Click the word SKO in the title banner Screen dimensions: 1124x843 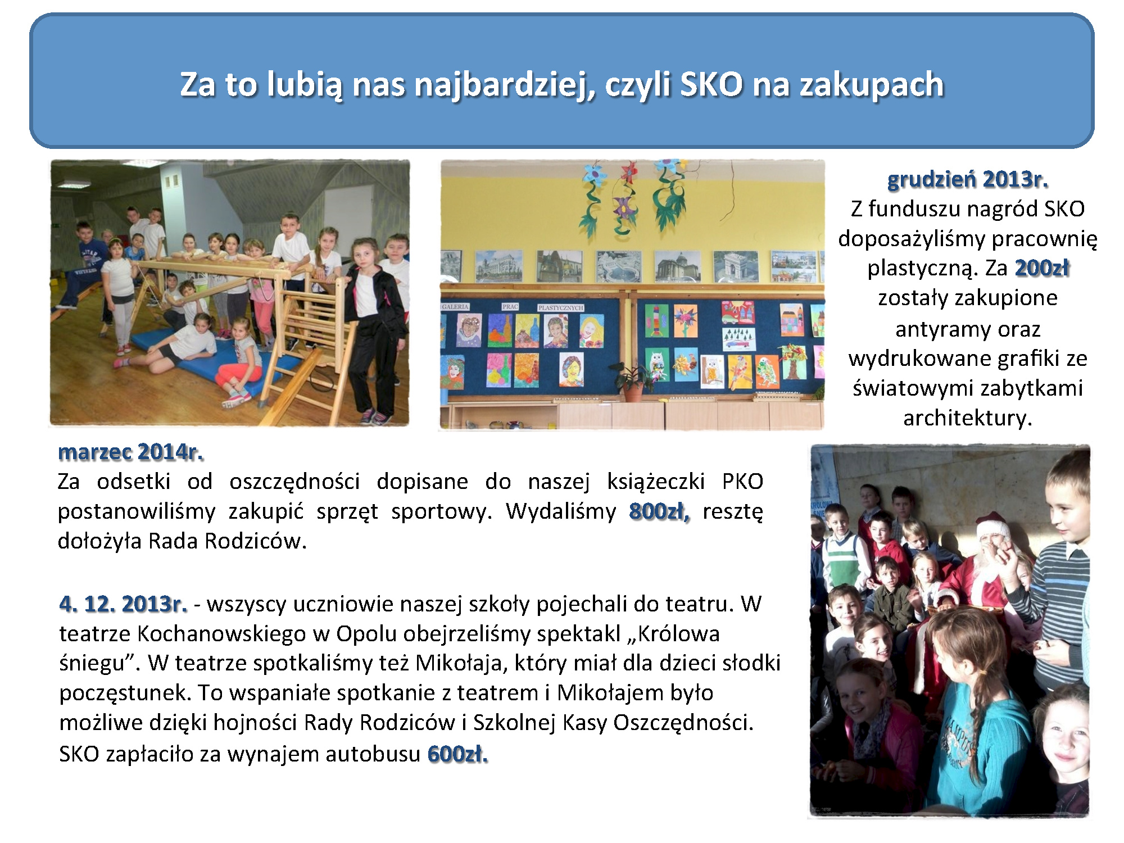pyautogui.click(x=711, y=84)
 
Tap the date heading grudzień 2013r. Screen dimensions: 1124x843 pyautogui.click(x=968, y=179)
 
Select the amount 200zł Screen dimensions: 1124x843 pyautogui.click(x=1041, y=268)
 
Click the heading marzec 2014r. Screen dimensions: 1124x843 pyautogui.click(x=130, y=452)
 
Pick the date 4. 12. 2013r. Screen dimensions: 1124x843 pyautogui.click(x=123, y=604)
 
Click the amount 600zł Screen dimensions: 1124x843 pyautogui.click(x=457, y=754)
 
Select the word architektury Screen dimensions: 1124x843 pyautogui.click(x=968, y=418)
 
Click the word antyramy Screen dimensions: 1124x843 pyautogui.click(x=968, y=329)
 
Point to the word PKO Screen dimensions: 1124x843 pyautogui.click(x=742, y=482)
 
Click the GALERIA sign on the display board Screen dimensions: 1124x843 pyautogui.click(x=455, y=307)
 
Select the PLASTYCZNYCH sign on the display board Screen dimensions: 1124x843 pyautogui.click(x=561, y=307)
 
